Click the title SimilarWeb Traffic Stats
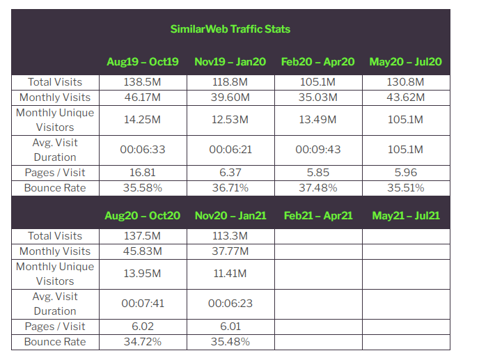click(x=230, y=29)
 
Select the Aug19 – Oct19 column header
click(x=143, y=62)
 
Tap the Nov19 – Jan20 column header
click(x=230, y=62)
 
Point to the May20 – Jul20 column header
click(x=406, y=62)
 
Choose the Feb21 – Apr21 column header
click(x=318, y=216)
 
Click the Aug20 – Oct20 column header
click(x=143, y=216)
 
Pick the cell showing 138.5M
click(x=143, y=82)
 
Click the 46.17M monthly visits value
click(x=143, y=97)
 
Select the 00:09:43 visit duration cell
click(x=318, y=150)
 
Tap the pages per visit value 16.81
click(x=143, y=173)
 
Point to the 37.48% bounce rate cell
click(x=318, y=188)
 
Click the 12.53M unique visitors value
click(x=230, y=120)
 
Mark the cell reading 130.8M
click(x=406, y=82)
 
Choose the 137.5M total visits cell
click(x=143, y=236)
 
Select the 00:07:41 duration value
click(x=143, y=304)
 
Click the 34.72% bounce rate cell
click(x=143, y=342)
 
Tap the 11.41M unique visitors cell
click(x=230, y=274)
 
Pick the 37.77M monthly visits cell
click(x=230, y=251)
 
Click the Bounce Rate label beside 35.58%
click(x=55, y=188)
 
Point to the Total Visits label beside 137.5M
click(x=55, y=236)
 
